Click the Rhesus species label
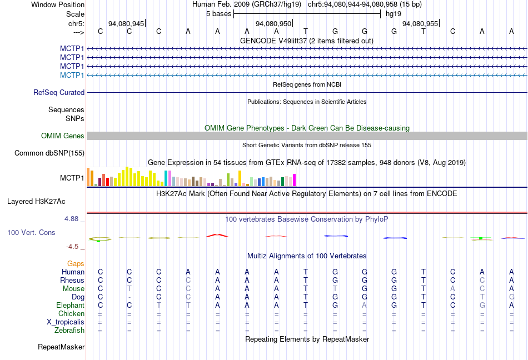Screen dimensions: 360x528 [72, 281]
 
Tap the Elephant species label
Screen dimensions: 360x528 [70, 306]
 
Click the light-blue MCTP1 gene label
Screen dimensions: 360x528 [72, 75]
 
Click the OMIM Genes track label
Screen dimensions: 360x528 [63, 136]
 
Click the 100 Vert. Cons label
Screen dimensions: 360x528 [31, 232]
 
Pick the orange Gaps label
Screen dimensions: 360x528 [76, 263]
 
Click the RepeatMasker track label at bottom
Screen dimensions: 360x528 [61, 347]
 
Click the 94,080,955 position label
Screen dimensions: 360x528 [419, 24]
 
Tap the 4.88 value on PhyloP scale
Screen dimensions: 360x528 [72, 219]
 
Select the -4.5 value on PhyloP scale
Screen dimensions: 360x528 [72, 247]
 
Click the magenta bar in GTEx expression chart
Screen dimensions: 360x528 [294, 180]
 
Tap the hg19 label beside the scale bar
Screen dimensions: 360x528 [393, 13]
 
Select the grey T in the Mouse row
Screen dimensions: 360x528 [129, 289]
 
